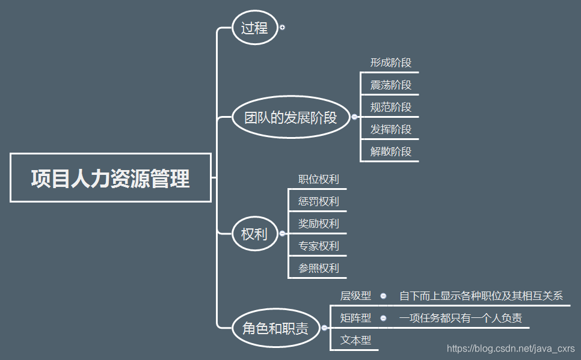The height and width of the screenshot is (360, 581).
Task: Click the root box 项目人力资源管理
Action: tap(111, 178)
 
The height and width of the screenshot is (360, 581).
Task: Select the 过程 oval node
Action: tap(255, 28)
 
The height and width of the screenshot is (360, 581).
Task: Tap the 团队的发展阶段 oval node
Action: tap(290, 117)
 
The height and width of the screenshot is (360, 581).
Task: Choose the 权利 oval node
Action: tap(255, 233)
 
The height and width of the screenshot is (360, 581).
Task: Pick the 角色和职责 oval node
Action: tap(275, 328)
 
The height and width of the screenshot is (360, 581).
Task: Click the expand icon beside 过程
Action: tap(282, 28)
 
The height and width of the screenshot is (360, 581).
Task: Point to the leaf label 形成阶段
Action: tap(390, 63)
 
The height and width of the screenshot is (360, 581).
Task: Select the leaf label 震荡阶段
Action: tap(390, 85)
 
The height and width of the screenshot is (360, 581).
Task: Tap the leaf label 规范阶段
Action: tap(390, 107)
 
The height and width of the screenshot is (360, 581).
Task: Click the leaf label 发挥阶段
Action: tap(390, 129)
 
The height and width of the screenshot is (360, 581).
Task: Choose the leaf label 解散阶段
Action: tap(390, 151)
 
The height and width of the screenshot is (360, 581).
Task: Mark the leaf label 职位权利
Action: tap(318, 179)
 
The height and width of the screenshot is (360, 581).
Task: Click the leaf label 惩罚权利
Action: tap(318, 201)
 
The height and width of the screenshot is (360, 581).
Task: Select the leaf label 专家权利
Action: tap(318, 246)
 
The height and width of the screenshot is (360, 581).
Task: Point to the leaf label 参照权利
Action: tap(318, 268)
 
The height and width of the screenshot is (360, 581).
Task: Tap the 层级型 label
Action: tap(355, 296)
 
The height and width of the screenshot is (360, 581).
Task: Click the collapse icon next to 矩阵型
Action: tap(383, 318)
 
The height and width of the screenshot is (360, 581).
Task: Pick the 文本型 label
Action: tap(355, 340)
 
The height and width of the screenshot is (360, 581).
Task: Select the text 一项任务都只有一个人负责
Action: tap(460, 318)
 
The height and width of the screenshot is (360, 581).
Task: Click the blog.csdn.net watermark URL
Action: tap(511, 349)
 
